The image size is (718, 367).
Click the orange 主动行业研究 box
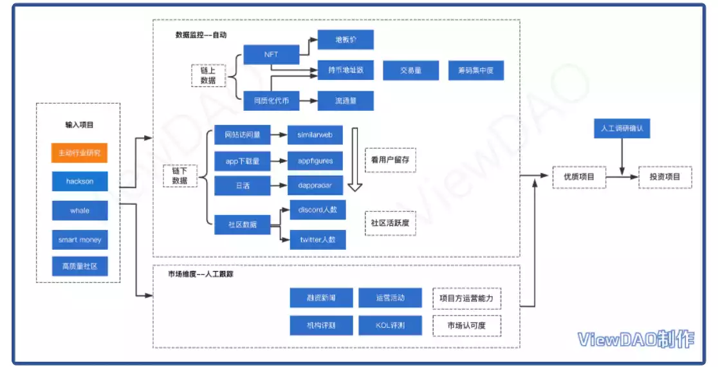pyautogui.click(x=80, y=153)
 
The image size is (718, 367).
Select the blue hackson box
pyautogui.click(x=80, y=182)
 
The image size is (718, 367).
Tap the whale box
pyautogui.click(x=80, y=211)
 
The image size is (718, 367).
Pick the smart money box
pyautogui.click(x=80, y=240)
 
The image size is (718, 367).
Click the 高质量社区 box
pyautogui.click(x=80, y=267)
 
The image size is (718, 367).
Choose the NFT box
pyautogui.click(x=271, y=54)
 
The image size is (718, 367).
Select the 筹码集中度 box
pyautogui.click(x=475, y=70)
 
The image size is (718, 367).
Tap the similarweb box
pyautogui.click(x=315, y=135)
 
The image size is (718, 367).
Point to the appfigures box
pyautogui.click(x=315, y=161)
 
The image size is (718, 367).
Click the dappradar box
pyautogui.click(x=315, y=185)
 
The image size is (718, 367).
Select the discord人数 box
pyautogui.click(x=318, y=210)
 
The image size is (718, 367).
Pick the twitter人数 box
pyautogui.click(x=318, y=240)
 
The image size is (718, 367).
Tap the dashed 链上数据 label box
pyautogui.click(x=208, y=75)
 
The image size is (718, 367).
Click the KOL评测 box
pyautogui.click(x=390, y=325)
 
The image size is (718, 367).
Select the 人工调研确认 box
pyautogui.click(x=621, y=129)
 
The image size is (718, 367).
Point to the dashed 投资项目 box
pyautogui.click(x=665, y=177)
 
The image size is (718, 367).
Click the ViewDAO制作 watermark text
pyautogui.click(x=635, y=339)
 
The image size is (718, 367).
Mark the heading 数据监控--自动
pyautogui.click(x=201, y=34)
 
